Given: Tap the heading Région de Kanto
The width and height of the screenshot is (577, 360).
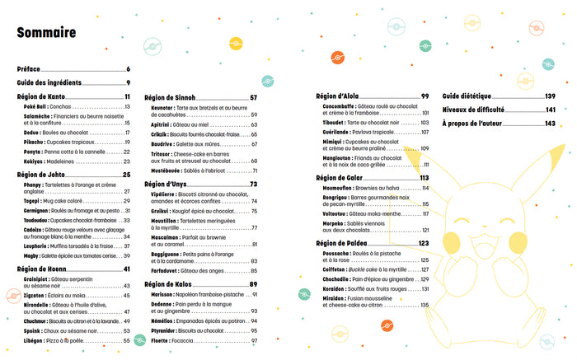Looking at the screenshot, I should click(x=42, y=97).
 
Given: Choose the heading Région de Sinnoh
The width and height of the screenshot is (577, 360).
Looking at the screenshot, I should click(x=173, y=97).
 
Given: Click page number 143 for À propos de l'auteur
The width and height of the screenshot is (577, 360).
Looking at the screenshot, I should click(x=551, y=123).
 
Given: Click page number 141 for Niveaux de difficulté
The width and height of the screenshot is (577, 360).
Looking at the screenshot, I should click(x=551, y=110).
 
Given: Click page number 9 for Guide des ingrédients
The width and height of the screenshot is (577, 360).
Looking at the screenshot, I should click(x=129, y=82).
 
